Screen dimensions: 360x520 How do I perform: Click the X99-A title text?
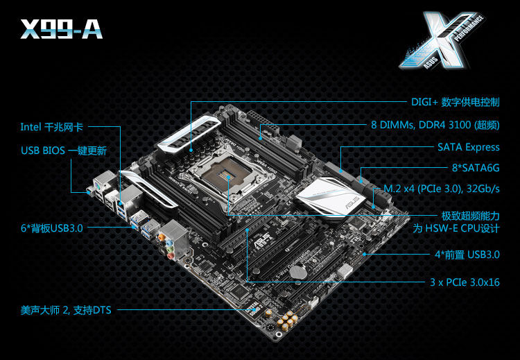[62, 28]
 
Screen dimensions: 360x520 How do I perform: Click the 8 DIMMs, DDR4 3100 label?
[435, 126]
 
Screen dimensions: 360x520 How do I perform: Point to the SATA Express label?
[468, 147]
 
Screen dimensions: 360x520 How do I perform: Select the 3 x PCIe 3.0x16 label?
[464, 282]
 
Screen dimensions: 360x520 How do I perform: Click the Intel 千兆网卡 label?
[52, 127]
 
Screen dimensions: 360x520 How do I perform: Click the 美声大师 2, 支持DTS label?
[66, 310]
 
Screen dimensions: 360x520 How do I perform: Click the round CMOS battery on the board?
[297, 273]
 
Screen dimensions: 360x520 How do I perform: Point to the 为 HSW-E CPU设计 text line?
[456, 228]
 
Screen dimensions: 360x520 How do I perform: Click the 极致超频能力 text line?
[470, 216]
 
